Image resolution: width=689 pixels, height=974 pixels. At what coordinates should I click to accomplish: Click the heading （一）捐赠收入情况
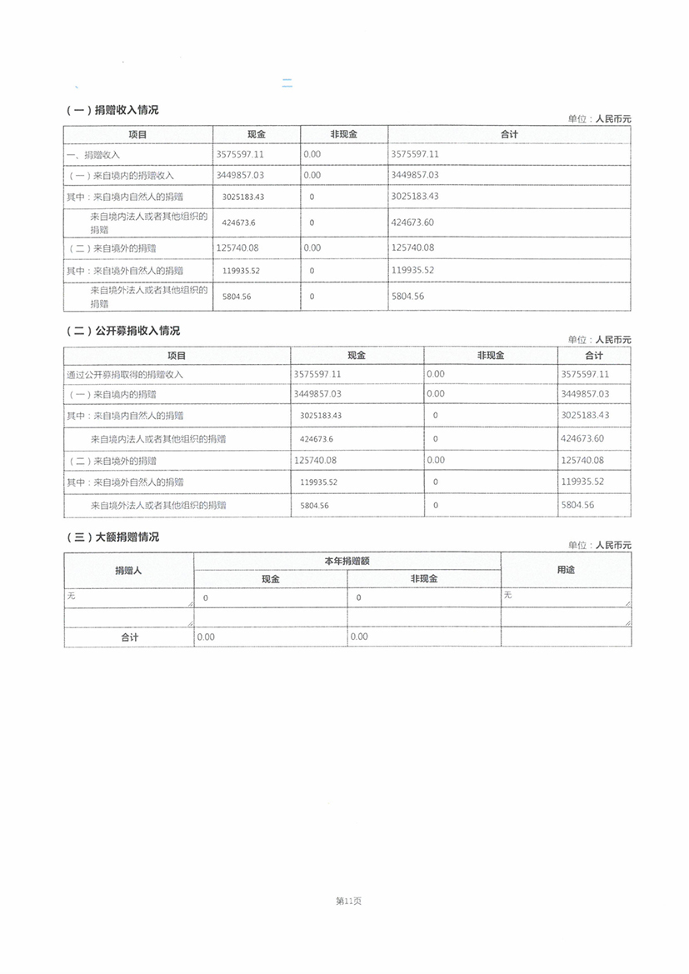pyautogui.click(x=112, y=110)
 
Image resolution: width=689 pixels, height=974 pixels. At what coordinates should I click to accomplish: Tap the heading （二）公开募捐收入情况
pyautogui.click(x=122, y=331)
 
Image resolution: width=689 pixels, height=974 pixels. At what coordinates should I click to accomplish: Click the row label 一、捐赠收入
pyautogui.click(x=93, y=155)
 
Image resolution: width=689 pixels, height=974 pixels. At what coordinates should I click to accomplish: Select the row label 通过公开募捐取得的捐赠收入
pyautogui.click(x=125, y=375)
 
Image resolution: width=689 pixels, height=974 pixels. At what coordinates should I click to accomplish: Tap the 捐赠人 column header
pyautogui.click(x=128, y=571)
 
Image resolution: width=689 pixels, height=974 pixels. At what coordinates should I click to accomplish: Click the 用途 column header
pyautogui.click(x=565, y=571)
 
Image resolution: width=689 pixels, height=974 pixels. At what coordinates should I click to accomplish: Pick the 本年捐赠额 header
pyautogui.click(x=347, y=562)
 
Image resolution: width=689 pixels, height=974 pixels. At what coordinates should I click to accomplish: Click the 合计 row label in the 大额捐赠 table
pyautogui.click(x=128, y=637)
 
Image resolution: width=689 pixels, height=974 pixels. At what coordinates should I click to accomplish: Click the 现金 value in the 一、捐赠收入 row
pyautogui.click(x=240, y=154)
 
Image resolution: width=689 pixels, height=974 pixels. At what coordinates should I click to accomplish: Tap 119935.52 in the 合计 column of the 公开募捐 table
pyautogui.click(x=582, y=482)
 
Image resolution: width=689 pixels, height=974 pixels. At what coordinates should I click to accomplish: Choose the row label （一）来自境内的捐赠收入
pyautogui.click(x=120, y=176)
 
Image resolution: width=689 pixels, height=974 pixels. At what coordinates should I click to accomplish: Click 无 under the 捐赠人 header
pyautogui.click(x=71, y=596)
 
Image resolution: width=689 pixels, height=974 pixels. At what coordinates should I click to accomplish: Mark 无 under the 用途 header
pyautogui.click(x=507, y=595)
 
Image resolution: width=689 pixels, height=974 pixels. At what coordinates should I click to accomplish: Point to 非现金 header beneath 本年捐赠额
pyautogui.click(x=423, y=579)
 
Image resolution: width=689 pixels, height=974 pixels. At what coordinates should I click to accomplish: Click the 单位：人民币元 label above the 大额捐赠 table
pyautogui.click(x=599, y=545)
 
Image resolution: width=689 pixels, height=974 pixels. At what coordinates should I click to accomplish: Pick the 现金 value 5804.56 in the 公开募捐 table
pyautogui.click(x=314, y=506)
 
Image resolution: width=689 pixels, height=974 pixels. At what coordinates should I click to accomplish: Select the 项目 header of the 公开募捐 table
pyautogui.click(x=177, y=356)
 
